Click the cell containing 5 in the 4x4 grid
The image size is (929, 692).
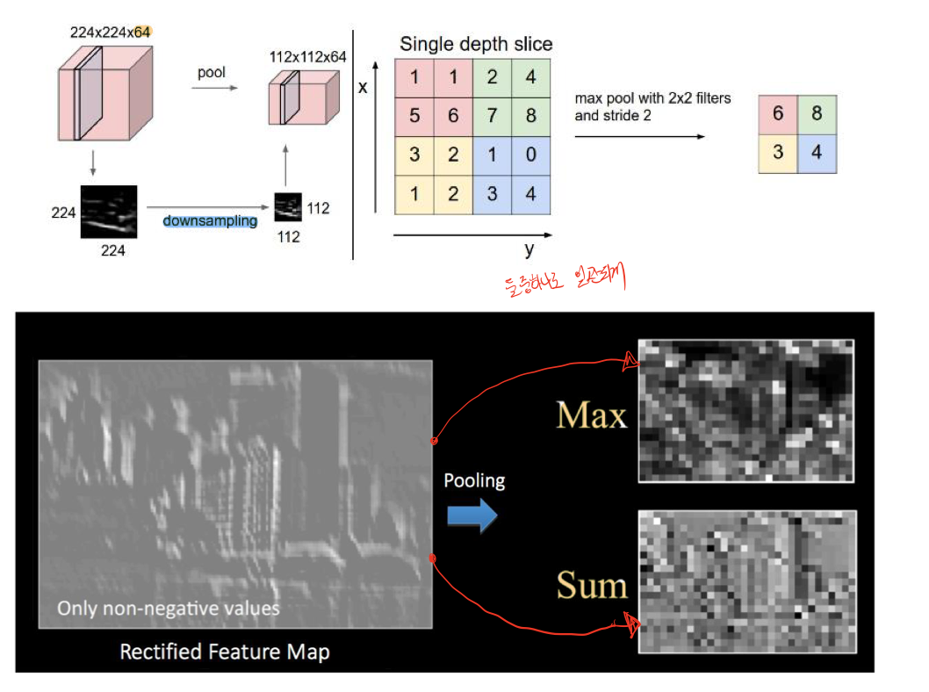pyautogui.click(x=414, y=116)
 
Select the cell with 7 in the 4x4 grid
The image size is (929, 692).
pyautogui.click(x=492, y=116)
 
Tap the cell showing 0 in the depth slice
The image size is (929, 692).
pyautogui.click(x=530, y=155)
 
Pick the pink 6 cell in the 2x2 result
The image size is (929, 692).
pyautogui.click(x=778, y=114)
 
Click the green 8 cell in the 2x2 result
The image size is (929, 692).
pyautogui.click(x=817, y=114)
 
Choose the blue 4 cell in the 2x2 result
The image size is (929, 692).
pyautogui.click(x=817, y=153)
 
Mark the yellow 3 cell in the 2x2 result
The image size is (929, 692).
pyautogui.click(x=778, y=153)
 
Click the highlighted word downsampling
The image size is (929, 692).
pyautogui.click(x=210, y=220)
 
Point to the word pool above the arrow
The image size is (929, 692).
pyautogui.click(x=212, y=73)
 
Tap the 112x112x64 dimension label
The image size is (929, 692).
pyautogui.click(x=308, y=57)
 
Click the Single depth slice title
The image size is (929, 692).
pyautogui.click(x=476, y=44)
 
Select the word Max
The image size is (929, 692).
pyautogui.click(x=591, y=415)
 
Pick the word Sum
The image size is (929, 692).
pyautogui.click(x=591, y=586)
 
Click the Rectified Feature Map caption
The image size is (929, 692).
pyautogui.click(x=225, y=652)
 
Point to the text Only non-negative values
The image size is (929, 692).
pyautogui.click(x=169, y=608)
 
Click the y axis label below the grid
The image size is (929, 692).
pyautogui.click(x=529, y=250)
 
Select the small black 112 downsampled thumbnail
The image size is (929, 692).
pyautogui.click(x=287, y=208)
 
